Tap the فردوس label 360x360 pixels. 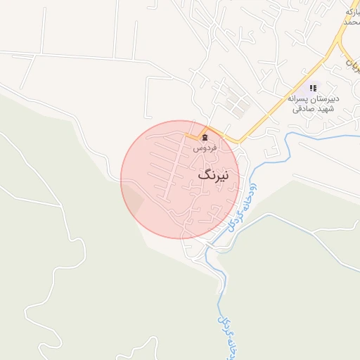[x=205, y=148]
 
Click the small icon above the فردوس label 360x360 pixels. [x=205, y=137]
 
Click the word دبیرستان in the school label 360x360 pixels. [x=324, y=99]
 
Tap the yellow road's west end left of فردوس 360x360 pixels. [x=188, y=134]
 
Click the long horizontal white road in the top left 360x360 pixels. [x=70, y=56]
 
